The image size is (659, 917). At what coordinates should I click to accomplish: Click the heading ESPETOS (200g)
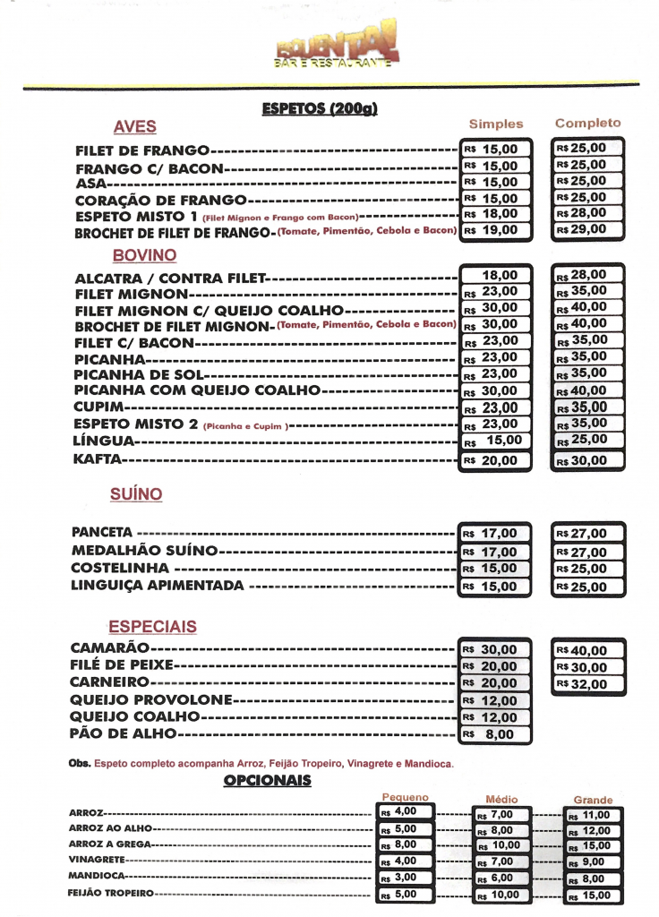tap(320, 109)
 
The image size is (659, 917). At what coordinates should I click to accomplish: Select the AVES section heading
tap(134, 126)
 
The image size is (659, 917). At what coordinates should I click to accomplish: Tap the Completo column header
tap(587, 123)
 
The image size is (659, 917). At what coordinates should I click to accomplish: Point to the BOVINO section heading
tap(144, 255)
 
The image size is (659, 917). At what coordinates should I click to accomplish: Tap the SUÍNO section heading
tap(136, 494)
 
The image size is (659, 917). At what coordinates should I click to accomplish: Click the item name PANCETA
tap(102, 532)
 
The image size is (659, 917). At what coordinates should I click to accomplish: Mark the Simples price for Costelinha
tap(496, 569)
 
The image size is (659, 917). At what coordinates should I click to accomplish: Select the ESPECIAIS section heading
tap(152, 627)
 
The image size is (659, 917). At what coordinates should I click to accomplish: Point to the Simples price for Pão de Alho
tap(496, 734)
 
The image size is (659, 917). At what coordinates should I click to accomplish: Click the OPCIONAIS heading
tap(267, 781)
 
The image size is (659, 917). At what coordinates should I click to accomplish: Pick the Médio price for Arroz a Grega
tap(503, 844)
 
